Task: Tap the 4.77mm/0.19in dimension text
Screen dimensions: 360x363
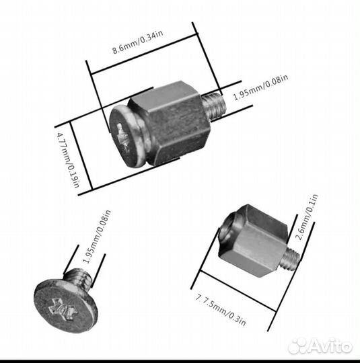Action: [69, 160]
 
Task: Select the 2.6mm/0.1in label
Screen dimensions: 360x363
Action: [308, 217]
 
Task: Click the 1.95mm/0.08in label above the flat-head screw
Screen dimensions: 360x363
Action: [97, 237]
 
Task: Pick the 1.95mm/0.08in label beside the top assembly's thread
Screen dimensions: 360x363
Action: [260, 87]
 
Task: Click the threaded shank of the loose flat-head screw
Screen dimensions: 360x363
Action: [78, 279]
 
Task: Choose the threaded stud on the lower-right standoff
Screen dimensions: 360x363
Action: [290, 258]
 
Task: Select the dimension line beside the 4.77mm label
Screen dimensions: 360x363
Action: [81, 156]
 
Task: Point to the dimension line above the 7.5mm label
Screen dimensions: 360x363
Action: [238, 290]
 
